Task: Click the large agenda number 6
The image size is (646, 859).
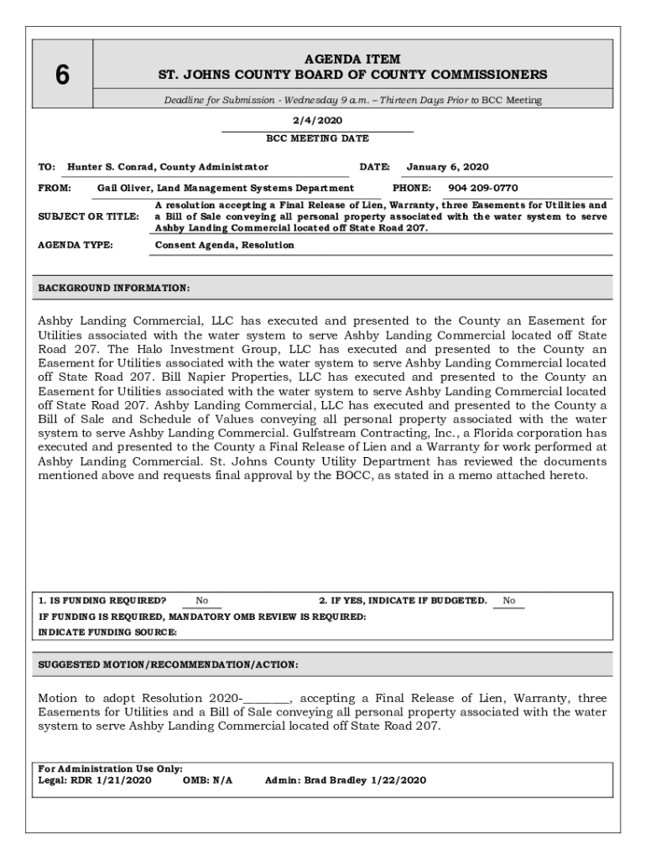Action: tap(62, 75)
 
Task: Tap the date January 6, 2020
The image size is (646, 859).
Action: tap(447, 167)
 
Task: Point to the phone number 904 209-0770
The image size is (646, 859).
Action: tap(482, 188)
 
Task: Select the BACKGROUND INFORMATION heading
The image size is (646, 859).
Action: tap(114, 289)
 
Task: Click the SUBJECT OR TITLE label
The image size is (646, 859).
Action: tap(89, 216)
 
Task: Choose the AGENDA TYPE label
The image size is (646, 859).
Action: tap(76, 245)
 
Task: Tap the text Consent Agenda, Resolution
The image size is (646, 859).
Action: tap(225, 245)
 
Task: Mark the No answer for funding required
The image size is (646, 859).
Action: tap(202, 601)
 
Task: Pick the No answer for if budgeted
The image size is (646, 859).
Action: tap(509, 601)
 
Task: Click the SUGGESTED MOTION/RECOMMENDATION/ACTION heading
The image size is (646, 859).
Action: tap(168, 664)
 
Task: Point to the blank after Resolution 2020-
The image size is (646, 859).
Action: tap(268, 698)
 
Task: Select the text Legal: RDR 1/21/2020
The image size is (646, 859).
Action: tap(95, 780)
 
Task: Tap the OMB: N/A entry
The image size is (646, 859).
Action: tap(207, 780)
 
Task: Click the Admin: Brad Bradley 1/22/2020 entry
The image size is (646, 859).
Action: tap(345, 780)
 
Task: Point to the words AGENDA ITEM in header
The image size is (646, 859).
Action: tap(352, 60)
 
